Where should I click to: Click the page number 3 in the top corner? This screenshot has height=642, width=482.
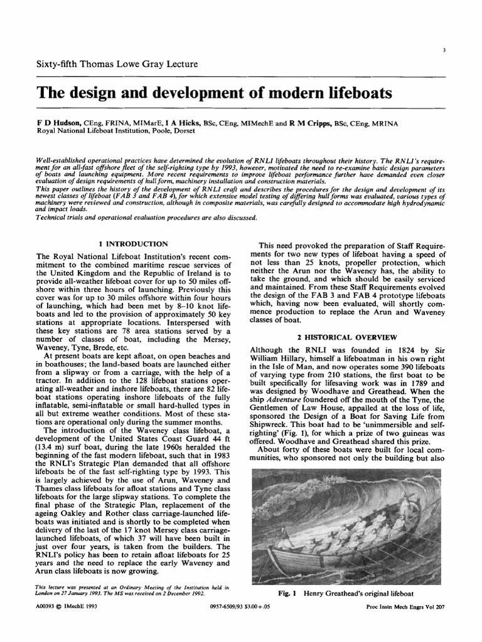click(x=443, y=50)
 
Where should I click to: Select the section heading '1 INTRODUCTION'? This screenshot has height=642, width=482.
click(x=134, y=243)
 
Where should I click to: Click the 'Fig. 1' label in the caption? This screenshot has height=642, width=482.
click(x=287, y=592)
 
